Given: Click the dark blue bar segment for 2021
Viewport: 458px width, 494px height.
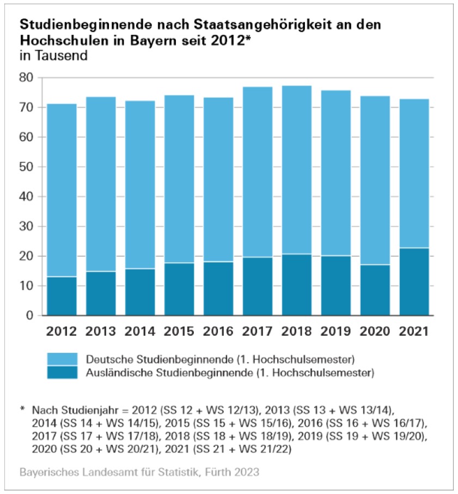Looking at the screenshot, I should (414, 282).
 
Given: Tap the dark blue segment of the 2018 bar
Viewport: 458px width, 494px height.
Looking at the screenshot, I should (296, 285).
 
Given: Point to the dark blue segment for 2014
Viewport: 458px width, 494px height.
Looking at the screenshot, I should (139, 292).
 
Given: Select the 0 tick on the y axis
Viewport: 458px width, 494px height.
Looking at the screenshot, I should (30, 316).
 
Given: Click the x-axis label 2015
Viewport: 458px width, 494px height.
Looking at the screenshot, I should (179, 331).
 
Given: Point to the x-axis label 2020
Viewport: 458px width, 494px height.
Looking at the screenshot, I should (375, 331).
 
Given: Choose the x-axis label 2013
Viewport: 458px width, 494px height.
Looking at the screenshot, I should (100, 331).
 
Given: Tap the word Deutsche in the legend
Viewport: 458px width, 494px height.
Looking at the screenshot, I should (106, 359).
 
